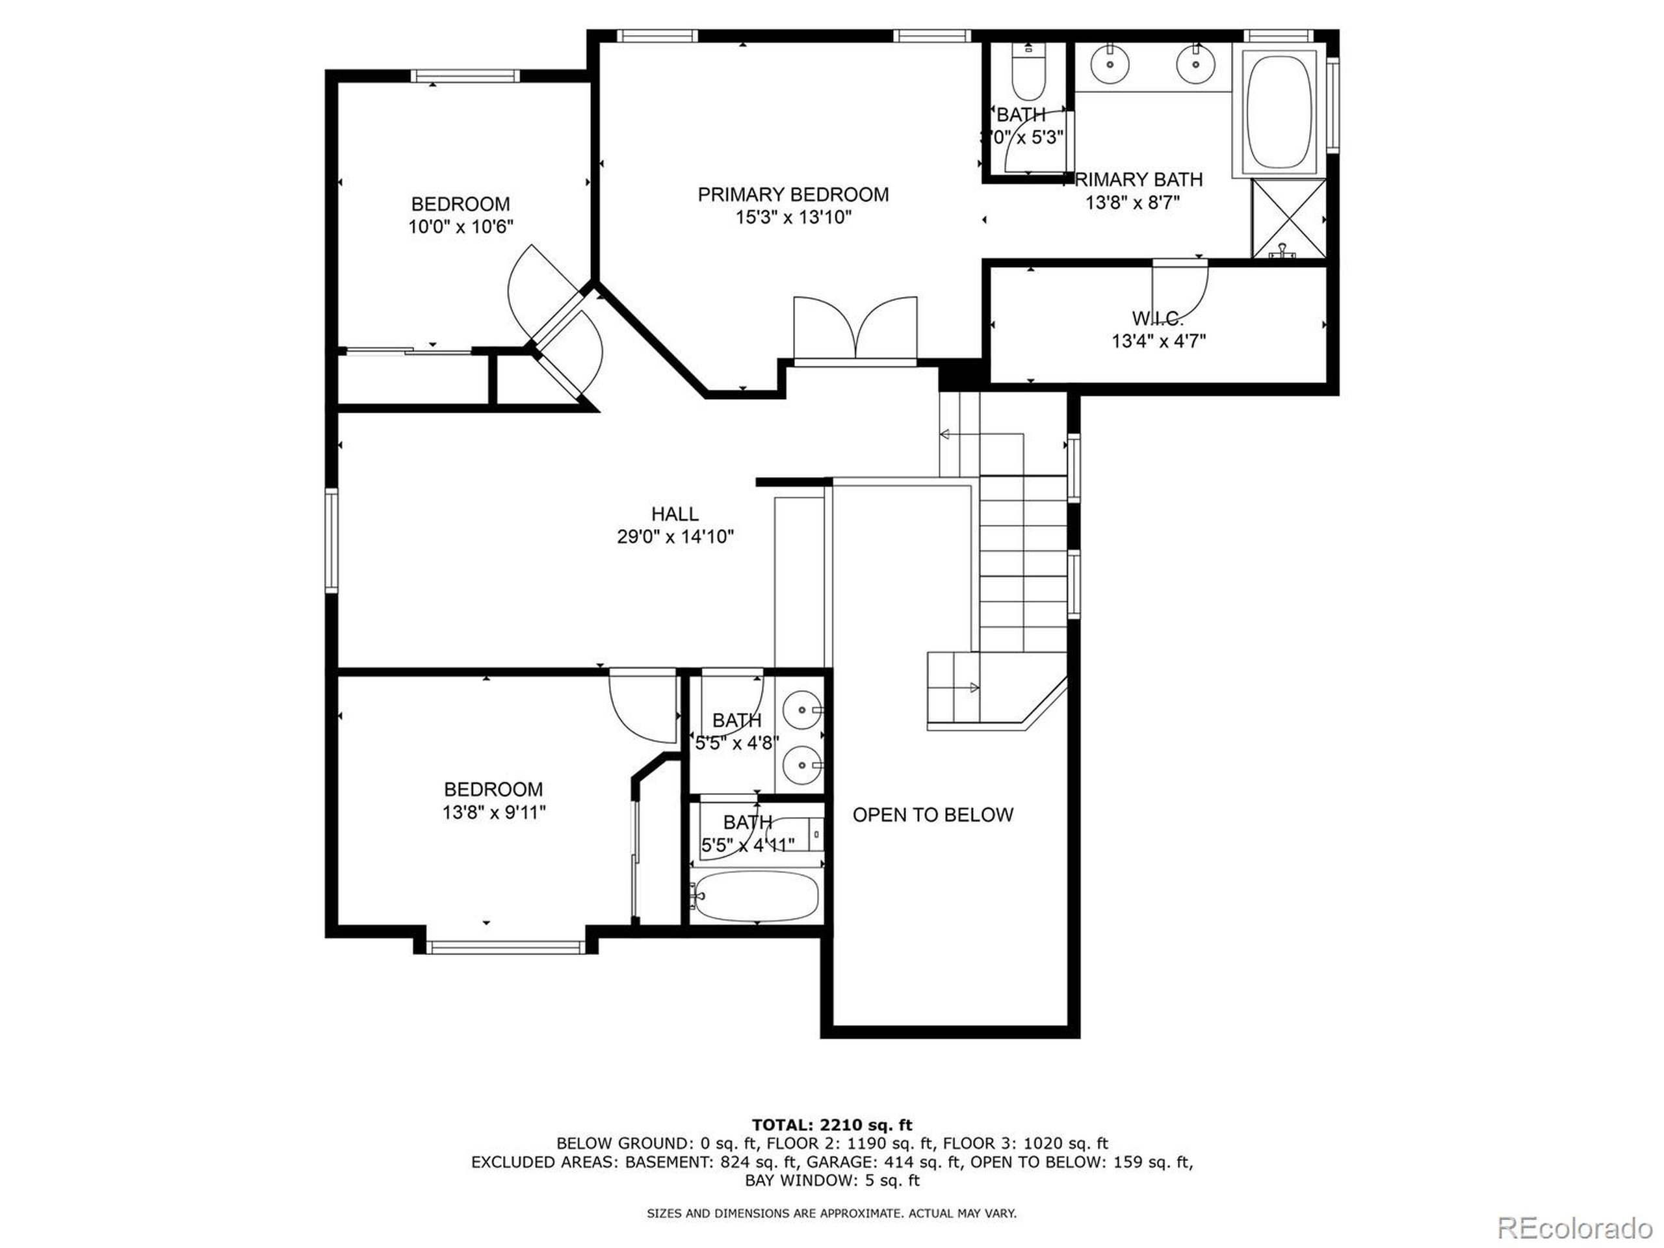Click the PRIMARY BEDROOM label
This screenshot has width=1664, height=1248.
(x=793, y=195)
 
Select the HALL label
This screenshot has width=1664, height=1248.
(x=675, y=513)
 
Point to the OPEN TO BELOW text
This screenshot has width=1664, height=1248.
(x=933, y=814)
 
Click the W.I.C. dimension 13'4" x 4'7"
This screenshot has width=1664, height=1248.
(x=1158, y=341)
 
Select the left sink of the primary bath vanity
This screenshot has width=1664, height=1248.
(x=1110, y=65)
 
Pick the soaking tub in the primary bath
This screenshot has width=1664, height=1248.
(x=1279, y=110)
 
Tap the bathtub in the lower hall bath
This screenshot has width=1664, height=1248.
(x=755, y=897)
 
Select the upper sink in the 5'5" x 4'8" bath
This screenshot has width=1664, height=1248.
(x=802, y=709)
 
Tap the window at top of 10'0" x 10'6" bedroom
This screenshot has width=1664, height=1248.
(x=465, y=75)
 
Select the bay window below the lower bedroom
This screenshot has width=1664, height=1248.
(x=505, y=948)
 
